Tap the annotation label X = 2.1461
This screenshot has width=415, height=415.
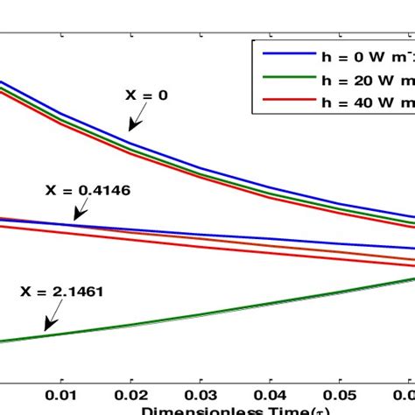click(60, 292)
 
